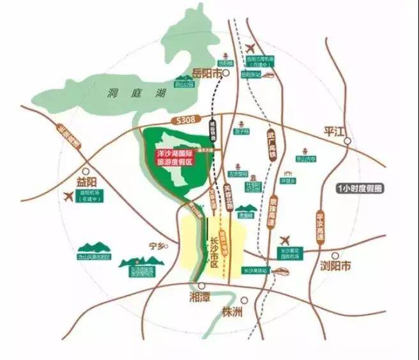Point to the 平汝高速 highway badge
point(321,227)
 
